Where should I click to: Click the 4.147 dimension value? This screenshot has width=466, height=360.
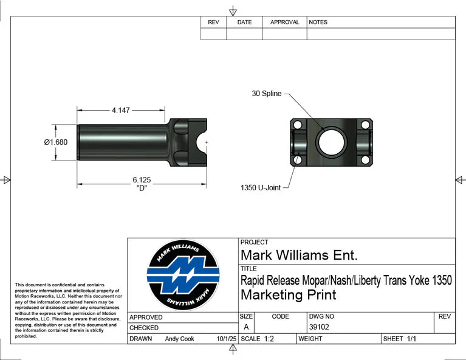coord(120,111)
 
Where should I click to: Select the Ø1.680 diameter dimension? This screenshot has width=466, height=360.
coord(55,142)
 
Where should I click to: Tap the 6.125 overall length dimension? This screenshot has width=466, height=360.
coord(142,180)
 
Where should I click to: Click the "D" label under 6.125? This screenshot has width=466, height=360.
coord(141,188)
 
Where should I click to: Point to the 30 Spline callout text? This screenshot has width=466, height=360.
coord(267,94)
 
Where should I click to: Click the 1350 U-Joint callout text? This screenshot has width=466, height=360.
coord(261,188)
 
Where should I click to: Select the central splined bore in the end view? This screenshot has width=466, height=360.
coord(331,142)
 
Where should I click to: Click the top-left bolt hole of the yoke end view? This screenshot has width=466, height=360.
coord(298,125)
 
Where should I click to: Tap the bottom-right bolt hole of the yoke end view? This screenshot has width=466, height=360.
coord(365,160)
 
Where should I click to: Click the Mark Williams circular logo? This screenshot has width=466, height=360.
coord(183,275)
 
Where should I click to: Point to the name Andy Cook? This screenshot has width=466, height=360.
coord(179,339)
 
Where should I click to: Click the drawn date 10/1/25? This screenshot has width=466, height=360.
coord(226,339)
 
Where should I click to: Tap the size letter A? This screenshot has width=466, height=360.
coord(246,327)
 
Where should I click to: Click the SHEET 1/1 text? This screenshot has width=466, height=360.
coord(399,339)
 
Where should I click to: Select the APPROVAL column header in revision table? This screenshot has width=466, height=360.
coord(284,22)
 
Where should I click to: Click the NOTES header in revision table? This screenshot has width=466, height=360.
coord(318,22)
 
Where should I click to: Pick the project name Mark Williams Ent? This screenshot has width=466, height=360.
coord(299,255)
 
